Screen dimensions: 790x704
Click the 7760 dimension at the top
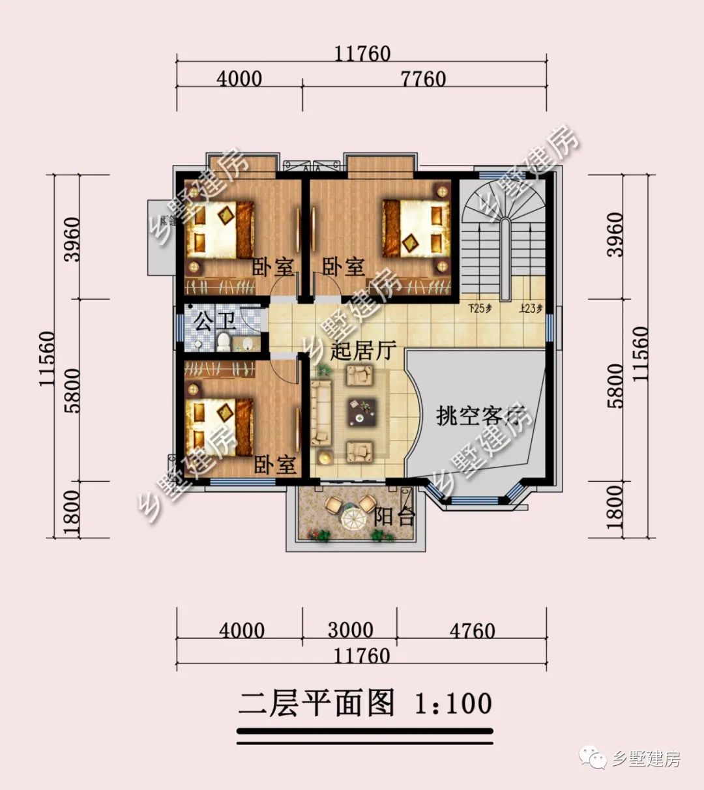pyautogui.click(x=424, y=79)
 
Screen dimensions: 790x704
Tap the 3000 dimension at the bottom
pyautogui.click(x=350, y=630)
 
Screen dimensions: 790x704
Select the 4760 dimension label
pyautogui.click(x=473, y=630)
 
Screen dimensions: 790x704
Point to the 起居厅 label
pyautogui.click(x=363, y=351)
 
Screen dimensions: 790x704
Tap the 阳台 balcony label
pyautogui.click(x=394, y=517)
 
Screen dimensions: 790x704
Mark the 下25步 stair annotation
pyautogui.click(x=480, y=309)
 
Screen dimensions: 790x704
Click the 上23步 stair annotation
pyautogui.click(x=531, y=309)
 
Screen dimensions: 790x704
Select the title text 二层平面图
pyautogui.click(x=317, y=703)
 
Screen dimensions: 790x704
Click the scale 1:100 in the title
pyautogui.click(x=453, y=703)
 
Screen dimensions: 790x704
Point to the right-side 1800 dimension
pyautogui.click(x=614, y=510)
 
